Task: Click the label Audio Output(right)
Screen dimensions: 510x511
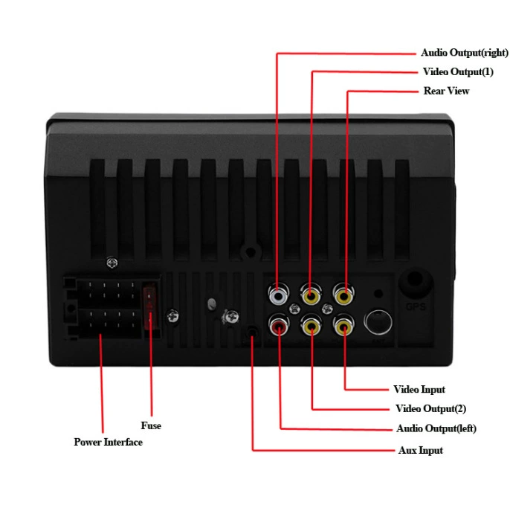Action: (x=464, y=53)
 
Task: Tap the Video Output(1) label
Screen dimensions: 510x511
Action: (x=458, y=71)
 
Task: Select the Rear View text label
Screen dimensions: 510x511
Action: (x=446, y=91)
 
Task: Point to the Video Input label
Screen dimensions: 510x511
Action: (x=419, y=390)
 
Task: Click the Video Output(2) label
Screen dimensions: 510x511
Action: (x=430, y=408)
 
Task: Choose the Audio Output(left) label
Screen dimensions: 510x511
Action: (x=436, y=428)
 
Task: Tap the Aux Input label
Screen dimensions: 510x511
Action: (x=421, y=451)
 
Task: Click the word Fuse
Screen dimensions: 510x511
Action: (x=151, y=425)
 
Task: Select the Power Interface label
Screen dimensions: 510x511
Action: (x=108, y=443)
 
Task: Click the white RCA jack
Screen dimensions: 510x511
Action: (x=278, y=295)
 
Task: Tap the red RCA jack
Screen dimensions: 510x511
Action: (x=279, y=326)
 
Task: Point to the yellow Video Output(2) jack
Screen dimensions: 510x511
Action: (x=312, y=326)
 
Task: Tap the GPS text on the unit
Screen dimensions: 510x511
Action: (x=416, y=306)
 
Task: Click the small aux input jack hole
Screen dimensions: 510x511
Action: (x=252, y=332)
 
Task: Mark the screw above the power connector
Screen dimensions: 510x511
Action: (x=112, y=263)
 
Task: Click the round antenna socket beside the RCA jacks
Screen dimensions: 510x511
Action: (x=378, y=322)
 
